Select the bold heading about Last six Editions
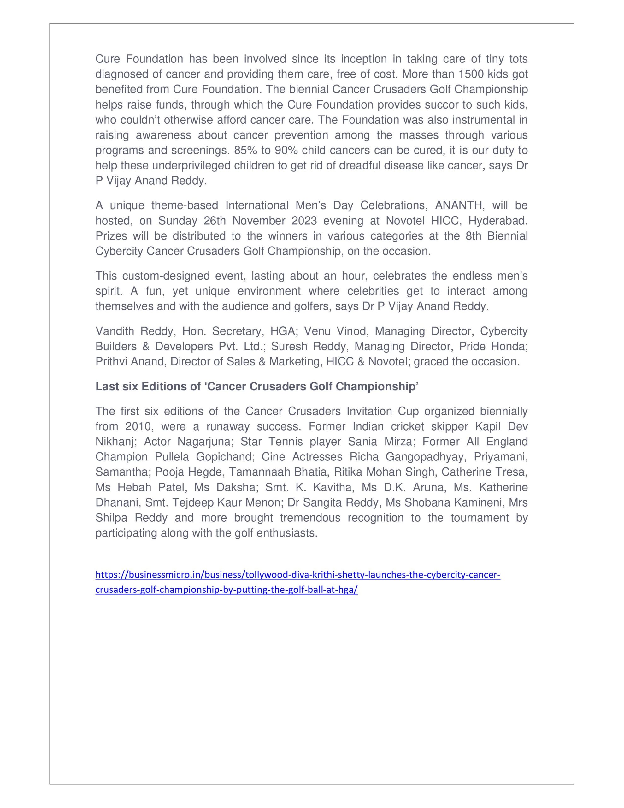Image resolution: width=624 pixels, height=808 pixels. [257, 386]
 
